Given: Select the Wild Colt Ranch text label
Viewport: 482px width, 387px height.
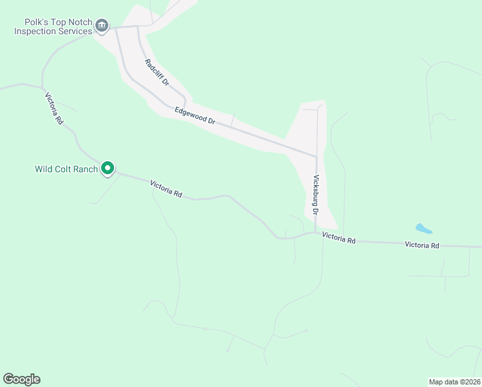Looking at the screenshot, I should pos(66,170).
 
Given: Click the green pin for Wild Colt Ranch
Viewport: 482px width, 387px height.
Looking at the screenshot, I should pos(108,168).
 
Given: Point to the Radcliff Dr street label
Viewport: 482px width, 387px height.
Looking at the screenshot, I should pos(157,73).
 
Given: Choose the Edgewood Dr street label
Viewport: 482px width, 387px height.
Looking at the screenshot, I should pos(195,115).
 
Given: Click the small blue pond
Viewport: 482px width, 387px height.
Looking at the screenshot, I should pos(423,228).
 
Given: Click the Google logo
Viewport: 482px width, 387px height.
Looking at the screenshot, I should pos(21,379).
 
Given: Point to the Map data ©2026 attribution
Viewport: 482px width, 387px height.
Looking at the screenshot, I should pos(454,381).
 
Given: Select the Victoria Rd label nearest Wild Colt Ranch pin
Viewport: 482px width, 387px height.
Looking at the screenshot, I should pos(166,188).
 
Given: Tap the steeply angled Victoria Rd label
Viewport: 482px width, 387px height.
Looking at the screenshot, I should pos(54,108).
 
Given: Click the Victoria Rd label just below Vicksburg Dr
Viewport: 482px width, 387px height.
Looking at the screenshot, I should pos(339,239).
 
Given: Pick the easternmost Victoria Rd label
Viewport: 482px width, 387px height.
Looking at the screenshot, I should pos(421,245).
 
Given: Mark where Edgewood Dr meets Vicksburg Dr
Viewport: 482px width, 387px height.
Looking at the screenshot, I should pos(316,157).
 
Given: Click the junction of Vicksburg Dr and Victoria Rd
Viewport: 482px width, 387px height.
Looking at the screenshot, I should pos(316,233).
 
